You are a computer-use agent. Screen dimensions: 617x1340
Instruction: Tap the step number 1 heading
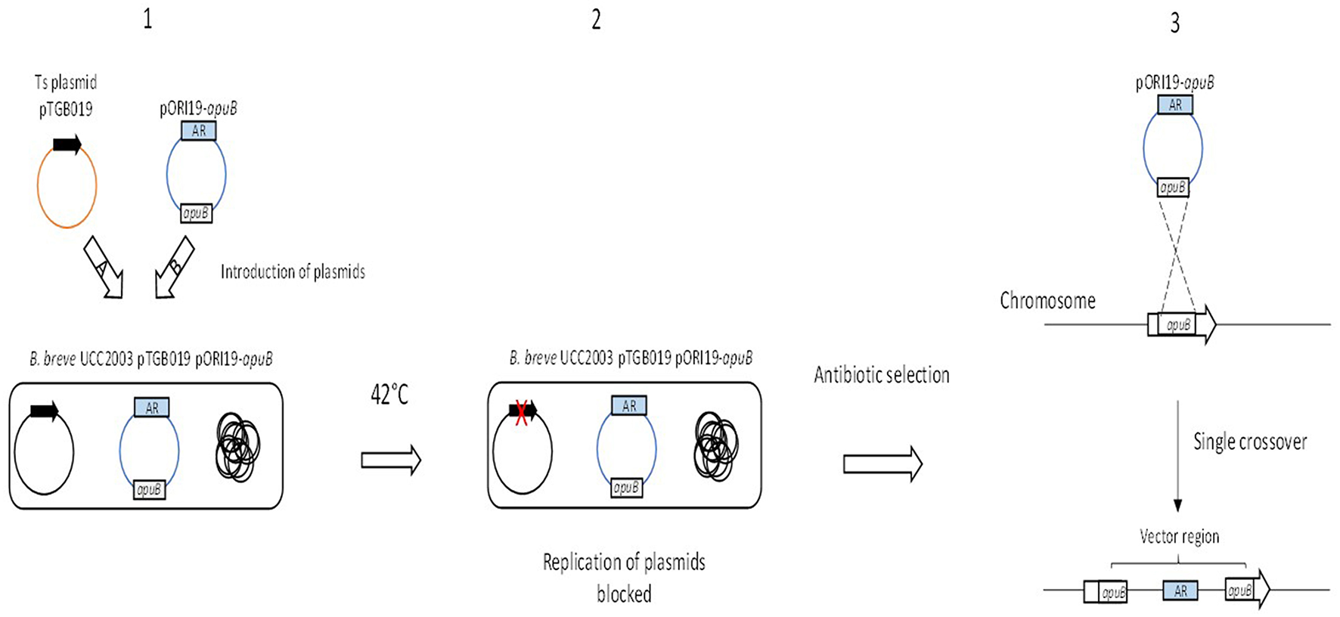(x=147, y=19)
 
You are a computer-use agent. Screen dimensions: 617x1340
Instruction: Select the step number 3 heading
(x=1174, y=23)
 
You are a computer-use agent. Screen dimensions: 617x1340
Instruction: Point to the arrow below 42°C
(x=390, y=460)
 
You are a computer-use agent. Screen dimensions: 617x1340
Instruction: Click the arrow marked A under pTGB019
(x=104, y=267)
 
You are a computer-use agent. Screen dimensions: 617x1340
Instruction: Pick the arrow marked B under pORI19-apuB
(x=174, y=267)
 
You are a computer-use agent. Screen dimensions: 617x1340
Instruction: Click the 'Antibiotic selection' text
(x=881, y=375)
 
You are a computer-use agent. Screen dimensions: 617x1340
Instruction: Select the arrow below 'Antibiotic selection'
(x=882, y=464)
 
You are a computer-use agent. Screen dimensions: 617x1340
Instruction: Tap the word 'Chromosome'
(x=1047, y=301)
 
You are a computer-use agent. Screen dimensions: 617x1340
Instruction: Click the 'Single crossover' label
(x=1249, y=442)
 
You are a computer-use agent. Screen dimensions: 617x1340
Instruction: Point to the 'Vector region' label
(x=1179, y=537)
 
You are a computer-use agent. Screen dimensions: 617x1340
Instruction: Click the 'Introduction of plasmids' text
(x=293, y=271)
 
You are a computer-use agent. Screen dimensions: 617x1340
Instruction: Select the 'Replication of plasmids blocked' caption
(x=624, y=578)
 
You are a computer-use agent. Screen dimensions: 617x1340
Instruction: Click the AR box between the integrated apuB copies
(x=1180, y=591)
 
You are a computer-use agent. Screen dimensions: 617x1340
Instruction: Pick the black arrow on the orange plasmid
(x=67, y=145)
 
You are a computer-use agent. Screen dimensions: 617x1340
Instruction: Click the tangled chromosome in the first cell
(x=237, y=446)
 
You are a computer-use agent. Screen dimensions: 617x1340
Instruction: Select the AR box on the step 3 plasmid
(x=1174, y=105)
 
